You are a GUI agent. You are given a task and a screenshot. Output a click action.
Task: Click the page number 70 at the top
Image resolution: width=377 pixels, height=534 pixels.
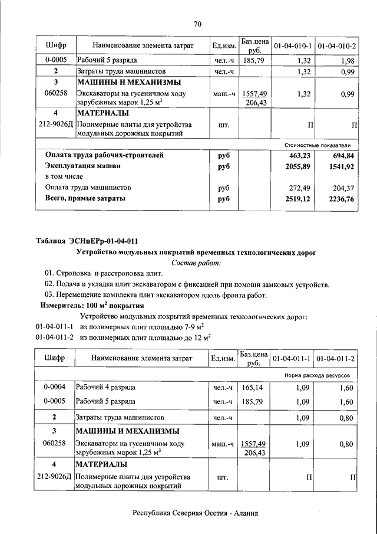[x=197, y=24]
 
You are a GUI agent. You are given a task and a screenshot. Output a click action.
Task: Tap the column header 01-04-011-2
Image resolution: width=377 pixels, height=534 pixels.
[x=336, y=359]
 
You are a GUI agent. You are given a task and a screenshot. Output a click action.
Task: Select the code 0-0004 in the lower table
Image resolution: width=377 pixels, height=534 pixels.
[x=55, y=388]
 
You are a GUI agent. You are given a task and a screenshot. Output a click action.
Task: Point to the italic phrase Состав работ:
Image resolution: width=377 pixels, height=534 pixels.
[x=196, y=263]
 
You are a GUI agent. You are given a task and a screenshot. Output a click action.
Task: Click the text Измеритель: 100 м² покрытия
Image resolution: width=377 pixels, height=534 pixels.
[x=92, y=306]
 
